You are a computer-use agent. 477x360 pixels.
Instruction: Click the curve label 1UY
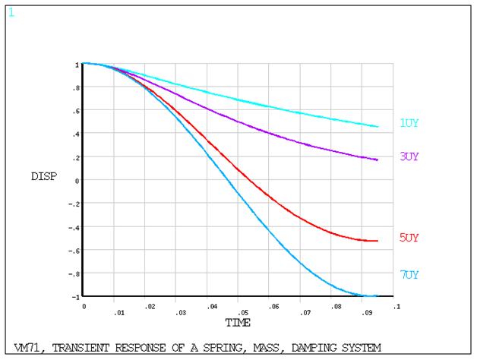click(x=409, y=123)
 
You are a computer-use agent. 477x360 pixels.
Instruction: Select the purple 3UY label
click(x=409, y=156)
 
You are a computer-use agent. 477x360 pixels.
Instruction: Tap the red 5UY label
click(x=409, y=237)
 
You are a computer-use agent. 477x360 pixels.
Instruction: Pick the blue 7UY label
click(x=409, y=274)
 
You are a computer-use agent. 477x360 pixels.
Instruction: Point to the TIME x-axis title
click(x=237, y=323)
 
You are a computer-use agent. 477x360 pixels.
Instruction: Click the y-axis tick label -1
click(x=74, y=296)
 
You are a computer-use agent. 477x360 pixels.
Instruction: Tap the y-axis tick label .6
click(x=75, y=111)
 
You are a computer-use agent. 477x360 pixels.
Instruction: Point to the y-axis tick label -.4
click(x=74, y=227)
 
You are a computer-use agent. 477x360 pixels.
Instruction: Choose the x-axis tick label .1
click(x=396, y=306)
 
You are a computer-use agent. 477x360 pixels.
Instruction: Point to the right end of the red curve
click(x=377, y=241)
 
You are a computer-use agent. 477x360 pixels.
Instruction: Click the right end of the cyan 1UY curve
click(x=377, y=127)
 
